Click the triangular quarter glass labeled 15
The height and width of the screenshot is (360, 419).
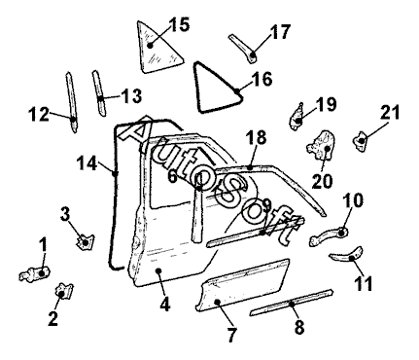click(x=156, y=52)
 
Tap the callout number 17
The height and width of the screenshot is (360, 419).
click(x=280, y=32)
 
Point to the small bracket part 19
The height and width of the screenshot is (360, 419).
click(x=297, y=118)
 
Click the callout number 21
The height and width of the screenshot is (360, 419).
click(x=390, y=113)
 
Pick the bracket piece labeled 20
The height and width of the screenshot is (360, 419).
click(x=322, y=145)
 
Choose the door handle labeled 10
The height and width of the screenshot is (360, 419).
click(x=329, y=235)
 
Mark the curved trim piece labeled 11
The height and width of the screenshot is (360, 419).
click(x=347, y=254)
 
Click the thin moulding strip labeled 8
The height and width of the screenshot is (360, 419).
click(x=292, y=303)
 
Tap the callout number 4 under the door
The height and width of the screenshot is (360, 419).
click(x=164, y=305)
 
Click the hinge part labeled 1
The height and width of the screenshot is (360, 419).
click(x=35, y=273)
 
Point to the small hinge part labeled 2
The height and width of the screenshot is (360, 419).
click(x=64, y=291)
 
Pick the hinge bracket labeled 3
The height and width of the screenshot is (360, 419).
click(x=85, y=241)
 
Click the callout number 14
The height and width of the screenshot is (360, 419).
click(x=87, y=163)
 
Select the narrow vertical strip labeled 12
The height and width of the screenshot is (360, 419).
click(x=72, y=101)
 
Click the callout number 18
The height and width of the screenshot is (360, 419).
click(x=256, y=137)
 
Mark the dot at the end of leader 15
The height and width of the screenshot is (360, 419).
click(x=150, y=46)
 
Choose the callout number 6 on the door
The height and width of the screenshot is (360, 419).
click(x=172, y=177)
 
